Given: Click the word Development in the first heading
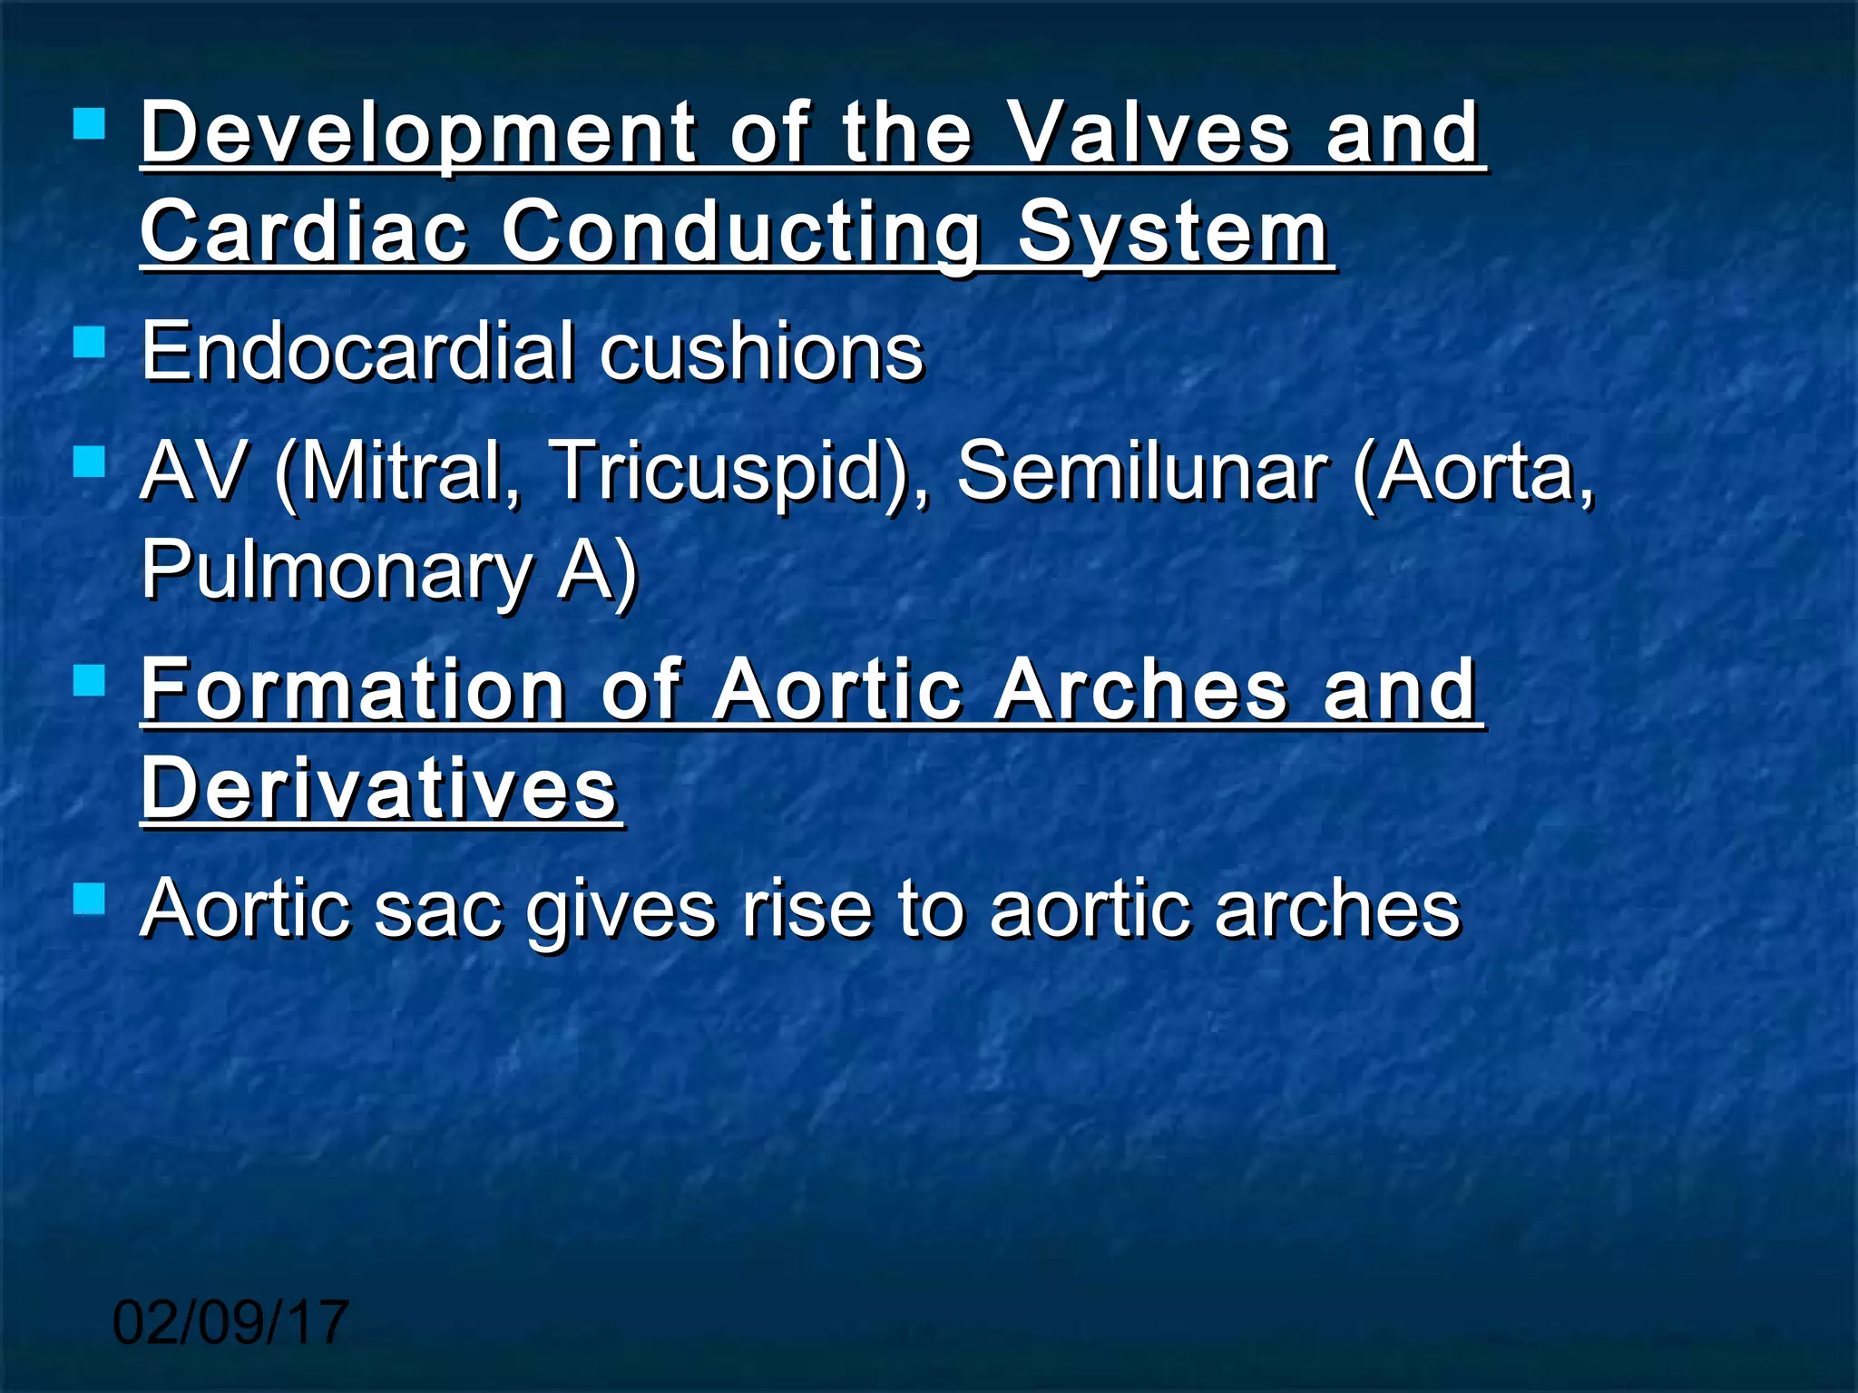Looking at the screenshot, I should (x=418, y=134).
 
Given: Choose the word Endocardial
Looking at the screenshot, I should (x=357, y=351).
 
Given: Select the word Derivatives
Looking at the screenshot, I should (x=379, y=788).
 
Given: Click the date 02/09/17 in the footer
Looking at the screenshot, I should (x=230, y=1321).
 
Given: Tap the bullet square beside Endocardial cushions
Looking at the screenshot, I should (x=90, y=343).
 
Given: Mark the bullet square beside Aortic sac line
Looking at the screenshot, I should (x=90, y=900).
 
